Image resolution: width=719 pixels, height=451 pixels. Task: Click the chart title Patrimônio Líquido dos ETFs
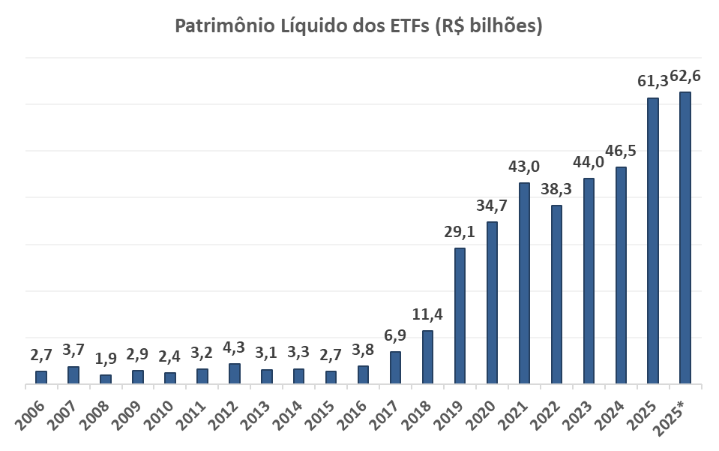click(x=358, y=26)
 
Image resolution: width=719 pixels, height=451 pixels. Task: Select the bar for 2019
click(x=460, y=316)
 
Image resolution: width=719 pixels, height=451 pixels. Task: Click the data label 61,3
click(x=652, y=80)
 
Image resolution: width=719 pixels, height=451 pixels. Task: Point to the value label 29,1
click(x=460, y=231)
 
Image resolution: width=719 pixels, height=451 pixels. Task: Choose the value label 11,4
click(x=427, y=314)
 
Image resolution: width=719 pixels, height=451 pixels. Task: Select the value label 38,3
click(x=556, y=188)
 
